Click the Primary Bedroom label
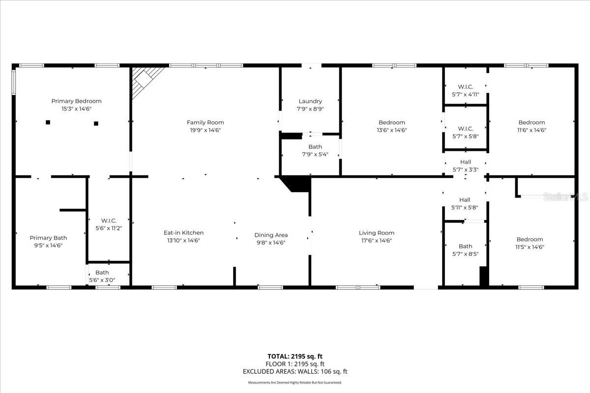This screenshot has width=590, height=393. click(x=76, y=101)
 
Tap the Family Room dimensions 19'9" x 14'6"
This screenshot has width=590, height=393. click(x=205, y=130)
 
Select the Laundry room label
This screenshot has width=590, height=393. click(x=310, y=101)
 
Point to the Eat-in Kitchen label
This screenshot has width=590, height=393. click(x=183, y=233)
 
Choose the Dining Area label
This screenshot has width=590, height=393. click(x=270, y=235)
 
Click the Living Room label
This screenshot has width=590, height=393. click(x=376, y=233)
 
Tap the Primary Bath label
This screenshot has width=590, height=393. click(x=48, y=238)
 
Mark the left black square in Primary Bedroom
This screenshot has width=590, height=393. click(x=48, y=122)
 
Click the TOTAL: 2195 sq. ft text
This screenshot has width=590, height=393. click(x=295, y=356)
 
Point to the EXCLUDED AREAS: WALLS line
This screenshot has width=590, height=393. click(x=295, y=372)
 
